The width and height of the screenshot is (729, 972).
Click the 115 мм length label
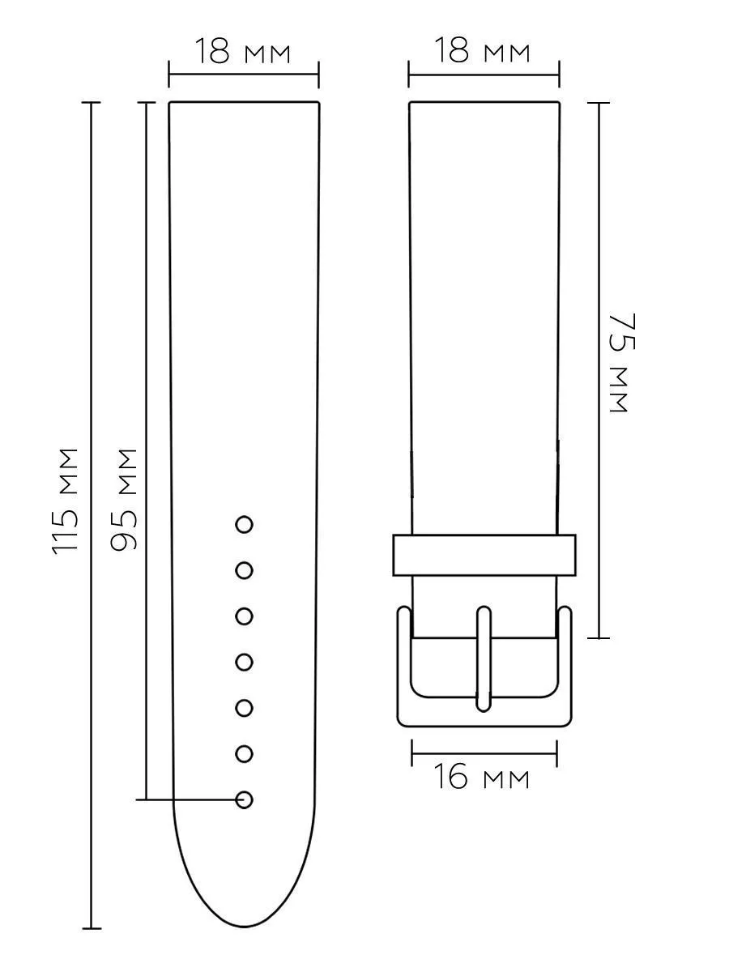(66, 501)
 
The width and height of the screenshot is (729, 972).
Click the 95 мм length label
(123, 500)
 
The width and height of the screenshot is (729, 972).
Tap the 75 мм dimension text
(622, 363)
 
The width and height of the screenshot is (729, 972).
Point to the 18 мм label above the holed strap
(243, 51)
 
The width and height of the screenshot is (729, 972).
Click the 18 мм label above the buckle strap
(483, 49)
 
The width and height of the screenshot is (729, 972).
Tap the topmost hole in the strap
(245, 525)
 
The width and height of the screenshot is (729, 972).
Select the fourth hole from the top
(245, 662)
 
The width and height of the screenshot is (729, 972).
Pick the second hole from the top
(245, 570)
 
